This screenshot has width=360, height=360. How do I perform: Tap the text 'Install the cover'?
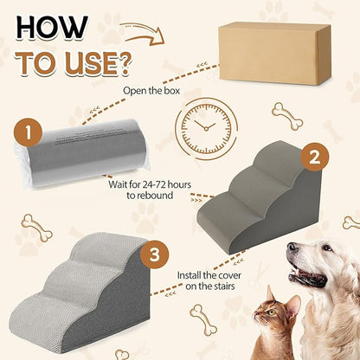215,278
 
